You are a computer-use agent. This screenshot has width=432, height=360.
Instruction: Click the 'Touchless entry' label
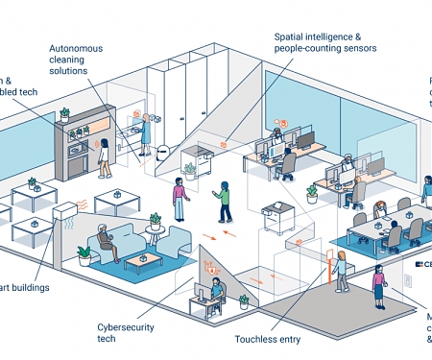tap(267, 338)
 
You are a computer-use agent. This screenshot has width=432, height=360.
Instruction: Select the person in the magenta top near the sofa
tap(178, 199)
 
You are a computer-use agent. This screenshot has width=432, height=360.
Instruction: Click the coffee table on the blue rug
tap(143, 262)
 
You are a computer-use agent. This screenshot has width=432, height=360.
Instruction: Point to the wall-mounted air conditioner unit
tap(68, 211)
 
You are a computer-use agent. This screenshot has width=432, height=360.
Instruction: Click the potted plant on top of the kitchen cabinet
tap(65, 114)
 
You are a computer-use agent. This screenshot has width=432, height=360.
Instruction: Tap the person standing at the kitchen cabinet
tap(103, 156)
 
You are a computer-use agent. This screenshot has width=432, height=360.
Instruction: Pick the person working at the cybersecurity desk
tap(217, 292)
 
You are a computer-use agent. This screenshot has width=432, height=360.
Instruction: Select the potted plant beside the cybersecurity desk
tap(243, 300)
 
